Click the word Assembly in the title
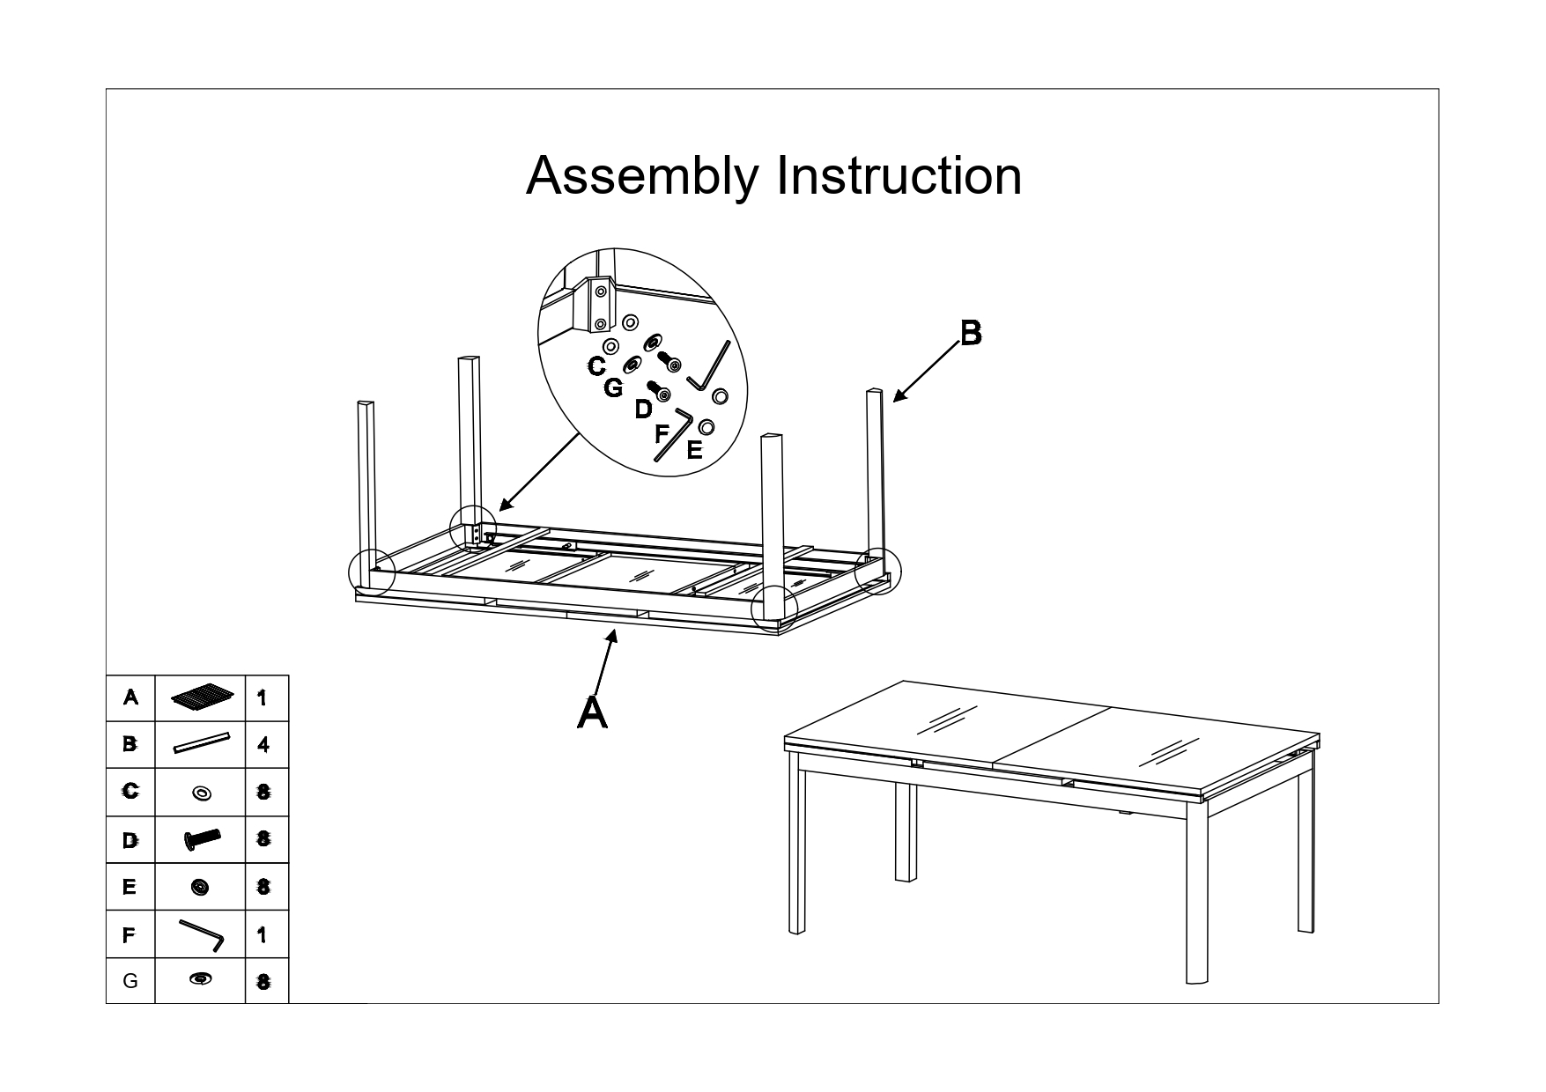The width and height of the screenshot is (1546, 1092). (x=641, y=176)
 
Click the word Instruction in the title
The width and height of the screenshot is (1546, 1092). (x=899, y=175)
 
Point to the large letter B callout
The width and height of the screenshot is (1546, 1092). (x=970, y=333)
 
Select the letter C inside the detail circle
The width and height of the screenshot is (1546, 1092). (x=596, y=366)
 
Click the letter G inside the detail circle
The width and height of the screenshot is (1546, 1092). (x=613, y=387)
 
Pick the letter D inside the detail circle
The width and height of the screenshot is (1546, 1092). (x=643, y=409)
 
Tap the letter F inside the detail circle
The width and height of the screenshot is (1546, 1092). (x=662, y=433)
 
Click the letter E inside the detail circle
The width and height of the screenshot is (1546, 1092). (x=694, y=451)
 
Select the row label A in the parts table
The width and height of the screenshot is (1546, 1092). (x=130, y=697)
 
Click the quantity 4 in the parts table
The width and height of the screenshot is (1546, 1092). (x=263, y=745)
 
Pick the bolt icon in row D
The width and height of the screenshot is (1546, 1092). (x=202, y=839)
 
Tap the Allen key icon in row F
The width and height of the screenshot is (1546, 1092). (x=202, y=934)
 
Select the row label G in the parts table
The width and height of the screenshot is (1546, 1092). (x=130, y=980)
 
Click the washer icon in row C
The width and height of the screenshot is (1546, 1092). (x=202, y=793)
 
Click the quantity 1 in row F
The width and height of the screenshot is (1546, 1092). (x=263, y=934)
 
